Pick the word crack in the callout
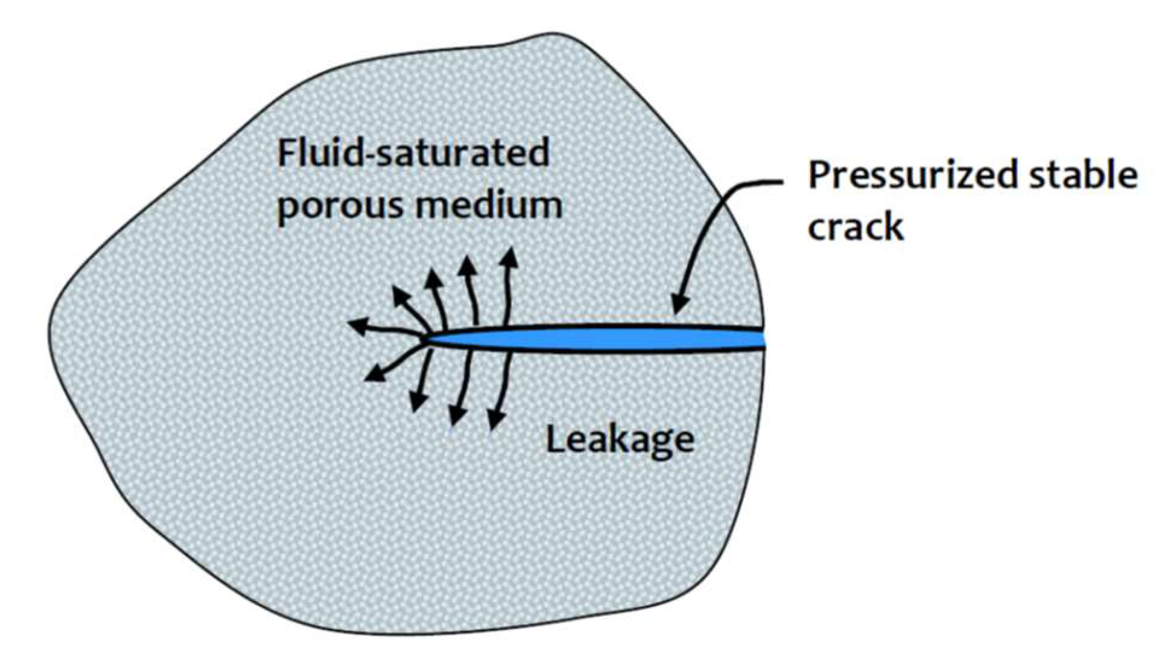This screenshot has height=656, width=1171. pyautogui.click(x=855, y=228)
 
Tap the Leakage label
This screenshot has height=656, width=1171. pyautogui.click(x=620, y=440)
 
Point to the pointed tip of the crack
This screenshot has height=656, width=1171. pyautogui.click(x=427, y=339)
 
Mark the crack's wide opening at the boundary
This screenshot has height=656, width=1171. pyautogui.click(x=761, y=338)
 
